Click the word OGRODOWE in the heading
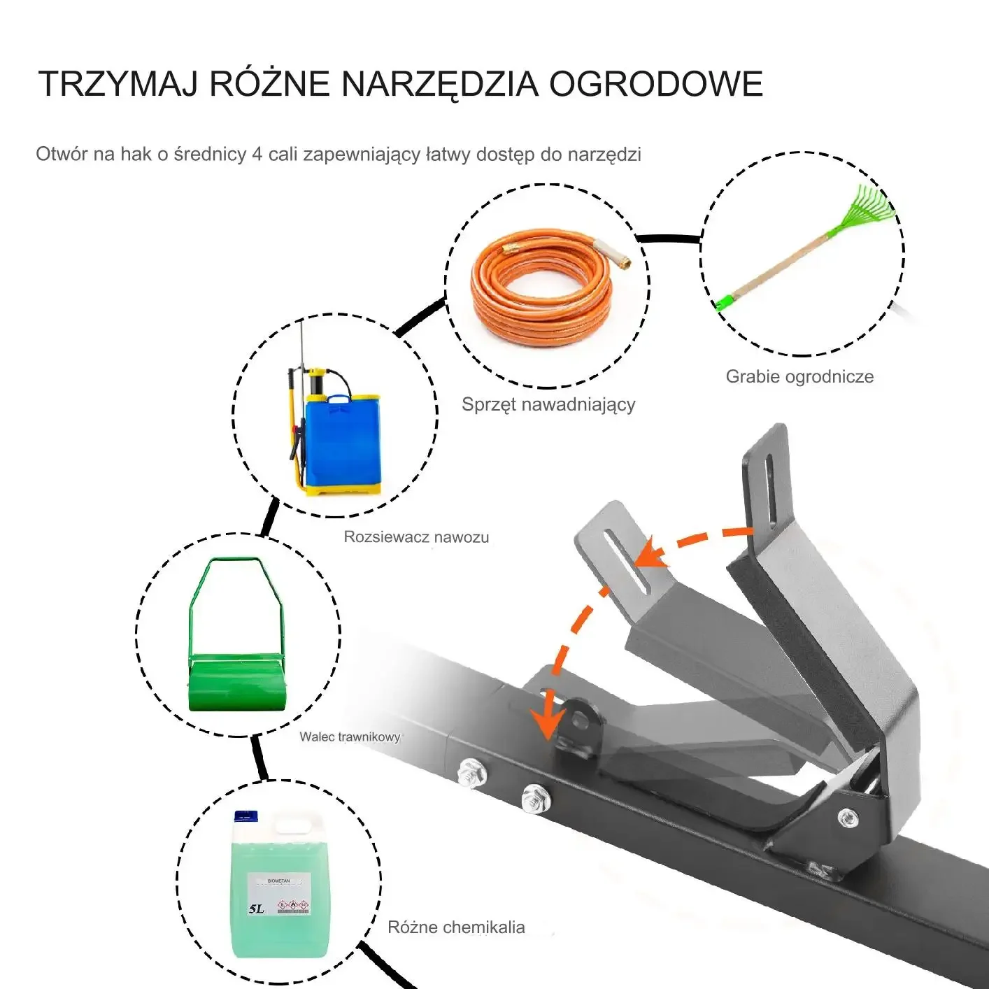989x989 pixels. click(656, 83)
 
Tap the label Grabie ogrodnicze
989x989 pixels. click(799, 376)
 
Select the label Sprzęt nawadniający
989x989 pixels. click(548, 404)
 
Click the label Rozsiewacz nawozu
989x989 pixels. click(415, 537)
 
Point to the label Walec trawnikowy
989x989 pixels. click(350, 737)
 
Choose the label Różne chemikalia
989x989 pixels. click(456, 927)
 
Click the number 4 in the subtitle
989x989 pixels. click(257, 155)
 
